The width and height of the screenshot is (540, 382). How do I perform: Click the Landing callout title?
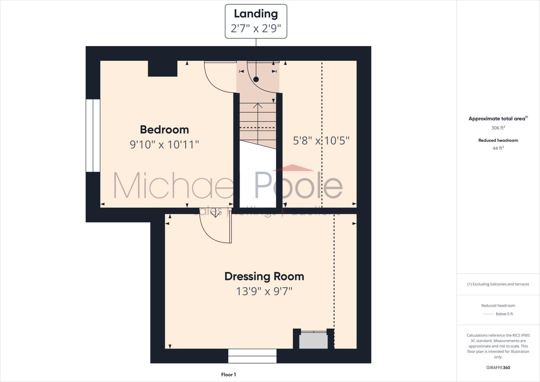point(256,14)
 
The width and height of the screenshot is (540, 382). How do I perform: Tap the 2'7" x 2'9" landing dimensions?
point(256,28)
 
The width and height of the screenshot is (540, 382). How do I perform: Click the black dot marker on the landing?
point(256,79)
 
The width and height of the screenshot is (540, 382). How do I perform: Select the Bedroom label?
point(164,130)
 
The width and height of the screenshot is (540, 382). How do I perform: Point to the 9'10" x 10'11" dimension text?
point(164,145)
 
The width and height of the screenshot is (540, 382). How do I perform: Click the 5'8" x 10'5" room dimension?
point(321,141)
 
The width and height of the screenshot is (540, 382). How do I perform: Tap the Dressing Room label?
point(264,276)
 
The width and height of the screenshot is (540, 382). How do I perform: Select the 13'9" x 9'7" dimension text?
point(264,292)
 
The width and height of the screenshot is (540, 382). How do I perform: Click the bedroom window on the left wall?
point(93,136)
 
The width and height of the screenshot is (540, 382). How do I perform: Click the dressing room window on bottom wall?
point(252,356)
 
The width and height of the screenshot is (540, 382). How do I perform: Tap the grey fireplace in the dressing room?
point(314,341)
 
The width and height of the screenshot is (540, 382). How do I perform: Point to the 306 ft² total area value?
point(498,128)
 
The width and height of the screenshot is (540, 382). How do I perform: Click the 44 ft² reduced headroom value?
point(498,148)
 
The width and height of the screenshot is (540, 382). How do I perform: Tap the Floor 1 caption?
point(228,375)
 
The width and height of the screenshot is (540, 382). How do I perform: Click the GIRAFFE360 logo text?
point(498,367)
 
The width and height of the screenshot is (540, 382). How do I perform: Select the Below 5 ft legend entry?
point(504,314)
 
